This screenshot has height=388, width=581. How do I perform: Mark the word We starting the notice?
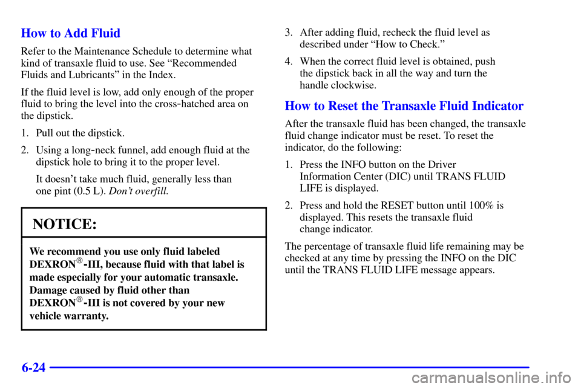[37, 251]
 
